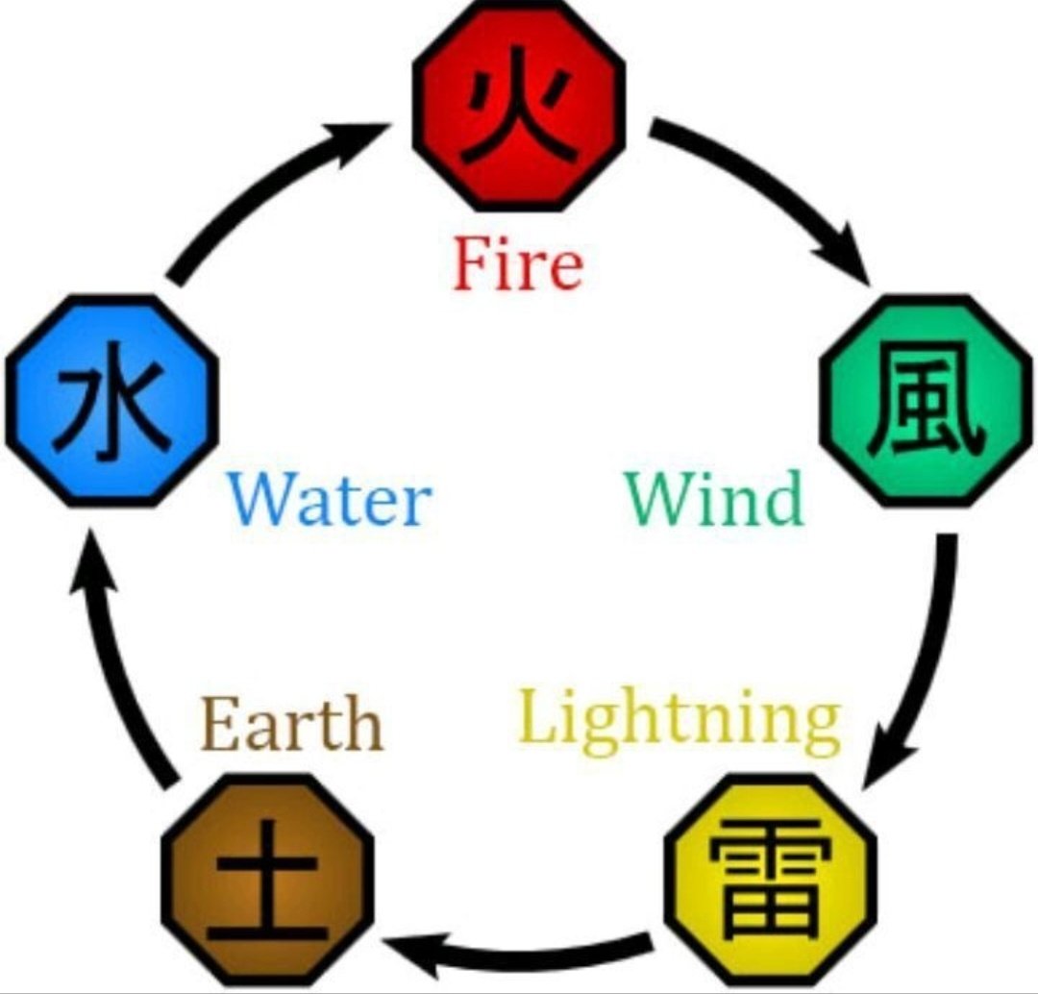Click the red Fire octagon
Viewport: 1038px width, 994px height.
coord(519,106)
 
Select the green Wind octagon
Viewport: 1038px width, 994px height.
coord(927,401)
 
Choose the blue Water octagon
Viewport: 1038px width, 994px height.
coord(111,401)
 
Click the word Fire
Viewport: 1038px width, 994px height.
coord(518,264)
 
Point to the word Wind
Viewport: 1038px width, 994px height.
coord(715,498)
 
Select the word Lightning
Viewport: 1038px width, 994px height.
coord(680,723)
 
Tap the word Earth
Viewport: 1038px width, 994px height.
coord(292,723)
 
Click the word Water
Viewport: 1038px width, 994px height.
coord(329,498)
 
